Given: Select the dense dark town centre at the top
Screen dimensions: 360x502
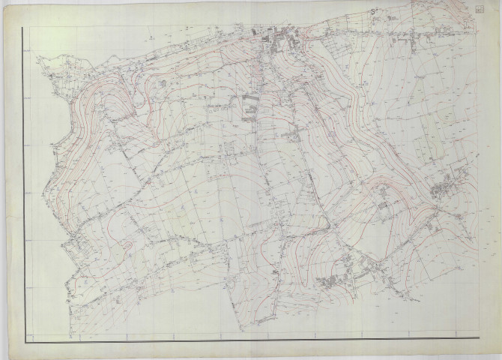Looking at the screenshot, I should coord(283,37).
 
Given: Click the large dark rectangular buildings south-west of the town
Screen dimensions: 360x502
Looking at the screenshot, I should coord(248,107).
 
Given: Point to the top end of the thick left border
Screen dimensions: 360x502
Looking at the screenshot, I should coord(24,28).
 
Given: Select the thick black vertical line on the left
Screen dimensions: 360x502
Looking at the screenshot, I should coord(24,187).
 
